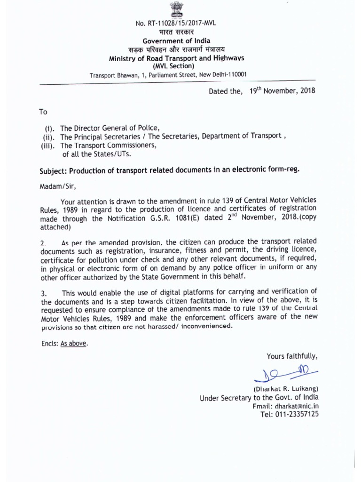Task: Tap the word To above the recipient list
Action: pyautogui.click(x=43, y=112)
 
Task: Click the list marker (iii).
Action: pyautogui.click(x=49, y=145)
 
